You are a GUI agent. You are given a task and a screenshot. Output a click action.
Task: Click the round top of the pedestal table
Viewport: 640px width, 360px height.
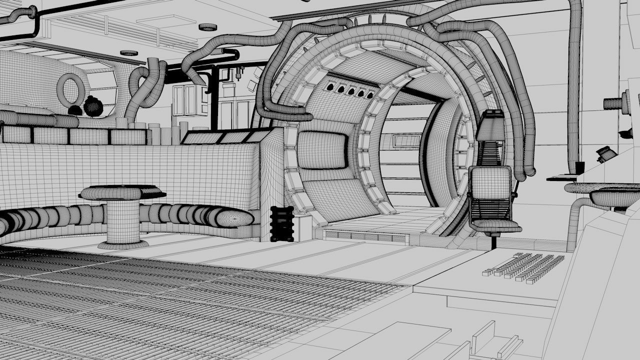coord(122,192)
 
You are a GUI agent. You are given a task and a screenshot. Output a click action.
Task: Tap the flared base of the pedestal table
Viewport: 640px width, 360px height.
coord(123,244)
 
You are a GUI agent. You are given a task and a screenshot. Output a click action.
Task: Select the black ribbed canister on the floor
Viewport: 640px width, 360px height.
coord(281,223)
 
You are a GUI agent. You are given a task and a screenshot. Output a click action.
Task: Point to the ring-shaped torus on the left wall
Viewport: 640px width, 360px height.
coord(70,90)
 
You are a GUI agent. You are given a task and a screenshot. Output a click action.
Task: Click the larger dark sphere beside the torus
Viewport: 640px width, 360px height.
coord(93,106)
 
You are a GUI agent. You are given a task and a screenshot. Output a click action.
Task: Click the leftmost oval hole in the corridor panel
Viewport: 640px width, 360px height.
coord(330,87)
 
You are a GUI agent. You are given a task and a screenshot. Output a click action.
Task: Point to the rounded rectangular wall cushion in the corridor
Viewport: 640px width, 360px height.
coord(322,149)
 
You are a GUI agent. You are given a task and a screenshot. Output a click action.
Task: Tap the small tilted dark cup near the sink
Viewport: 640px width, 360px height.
coord(606,153)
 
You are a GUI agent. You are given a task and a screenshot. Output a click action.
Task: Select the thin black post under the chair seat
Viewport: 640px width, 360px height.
coord(494,242)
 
